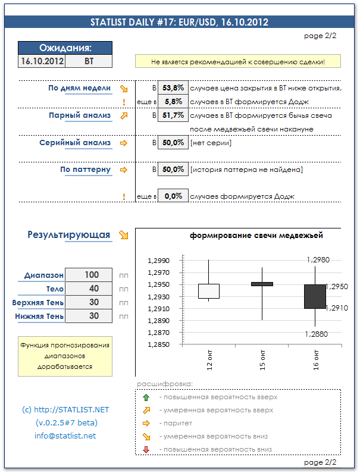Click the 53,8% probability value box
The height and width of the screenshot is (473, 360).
pos(173,88)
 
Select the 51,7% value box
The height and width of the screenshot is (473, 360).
pos(173,115)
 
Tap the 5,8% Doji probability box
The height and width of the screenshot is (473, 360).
pos(173,102)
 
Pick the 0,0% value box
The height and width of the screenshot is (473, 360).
pos(173,196)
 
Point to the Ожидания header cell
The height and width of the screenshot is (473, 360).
pos(65,48)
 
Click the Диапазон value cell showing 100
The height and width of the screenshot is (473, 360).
pos(92,275)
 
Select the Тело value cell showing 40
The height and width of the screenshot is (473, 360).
pos(92,289)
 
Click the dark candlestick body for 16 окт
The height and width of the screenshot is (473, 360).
pos(315,296)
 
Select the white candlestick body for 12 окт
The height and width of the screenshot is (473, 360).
pos(208,291)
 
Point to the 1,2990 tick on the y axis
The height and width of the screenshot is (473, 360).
pos(158,261)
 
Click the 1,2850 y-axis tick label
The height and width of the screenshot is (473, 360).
pos(158,345)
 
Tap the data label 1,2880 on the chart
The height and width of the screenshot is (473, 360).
pos(317,334)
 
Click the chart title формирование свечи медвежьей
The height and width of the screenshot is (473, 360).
pos(256,236)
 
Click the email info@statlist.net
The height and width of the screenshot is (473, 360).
pos(65,436)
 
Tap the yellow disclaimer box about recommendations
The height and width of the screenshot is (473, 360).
pos(238,61)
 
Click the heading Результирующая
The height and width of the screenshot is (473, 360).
pos(68,235)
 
